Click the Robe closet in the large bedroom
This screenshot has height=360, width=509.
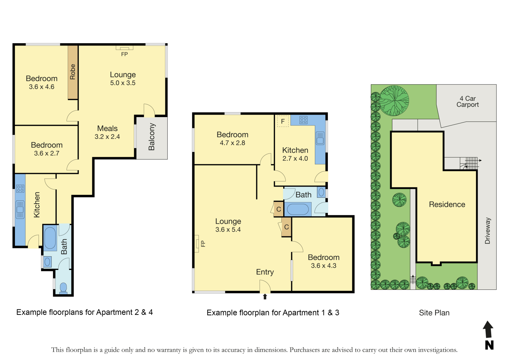coord(73,72)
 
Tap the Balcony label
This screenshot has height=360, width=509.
coord(151,137)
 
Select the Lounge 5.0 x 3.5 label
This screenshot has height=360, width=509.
coord(123,79)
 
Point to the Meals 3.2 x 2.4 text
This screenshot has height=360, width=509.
coord(107,132)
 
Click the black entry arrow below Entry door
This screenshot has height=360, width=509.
coord(265,297)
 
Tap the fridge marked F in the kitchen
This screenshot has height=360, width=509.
coord(283,121)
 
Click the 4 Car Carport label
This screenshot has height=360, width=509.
coord(468,101)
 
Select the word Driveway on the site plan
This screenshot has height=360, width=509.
coord(488,231)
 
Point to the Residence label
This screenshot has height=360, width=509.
coord(447,204)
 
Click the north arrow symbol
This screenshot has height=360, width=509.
coord(488,329)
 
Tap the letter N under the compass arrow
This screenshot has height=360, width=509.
coord(489,345)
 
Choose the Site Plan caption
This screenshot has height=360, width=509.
coord(434,313)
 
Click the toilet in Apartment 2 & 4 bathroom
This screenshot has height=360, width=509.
coord(63,288)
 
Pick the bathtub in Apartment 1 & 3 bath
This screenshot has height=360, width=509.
coord(298,209)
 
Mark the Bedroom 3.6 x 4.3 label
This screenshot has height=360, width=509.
coord(324,261)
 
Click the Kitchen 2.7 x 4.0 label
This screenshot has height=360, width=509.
coord(295,154)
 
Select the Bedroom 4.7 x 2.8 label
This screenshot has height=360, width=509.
coord(232,139)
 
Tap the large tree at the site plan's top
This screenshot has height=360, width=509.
coord(394,100)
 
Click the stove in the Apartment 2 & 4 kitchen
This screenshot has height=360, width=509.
coord(20,188)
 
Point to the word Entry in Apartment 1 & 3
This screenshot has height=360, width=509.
coord(265,272)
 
